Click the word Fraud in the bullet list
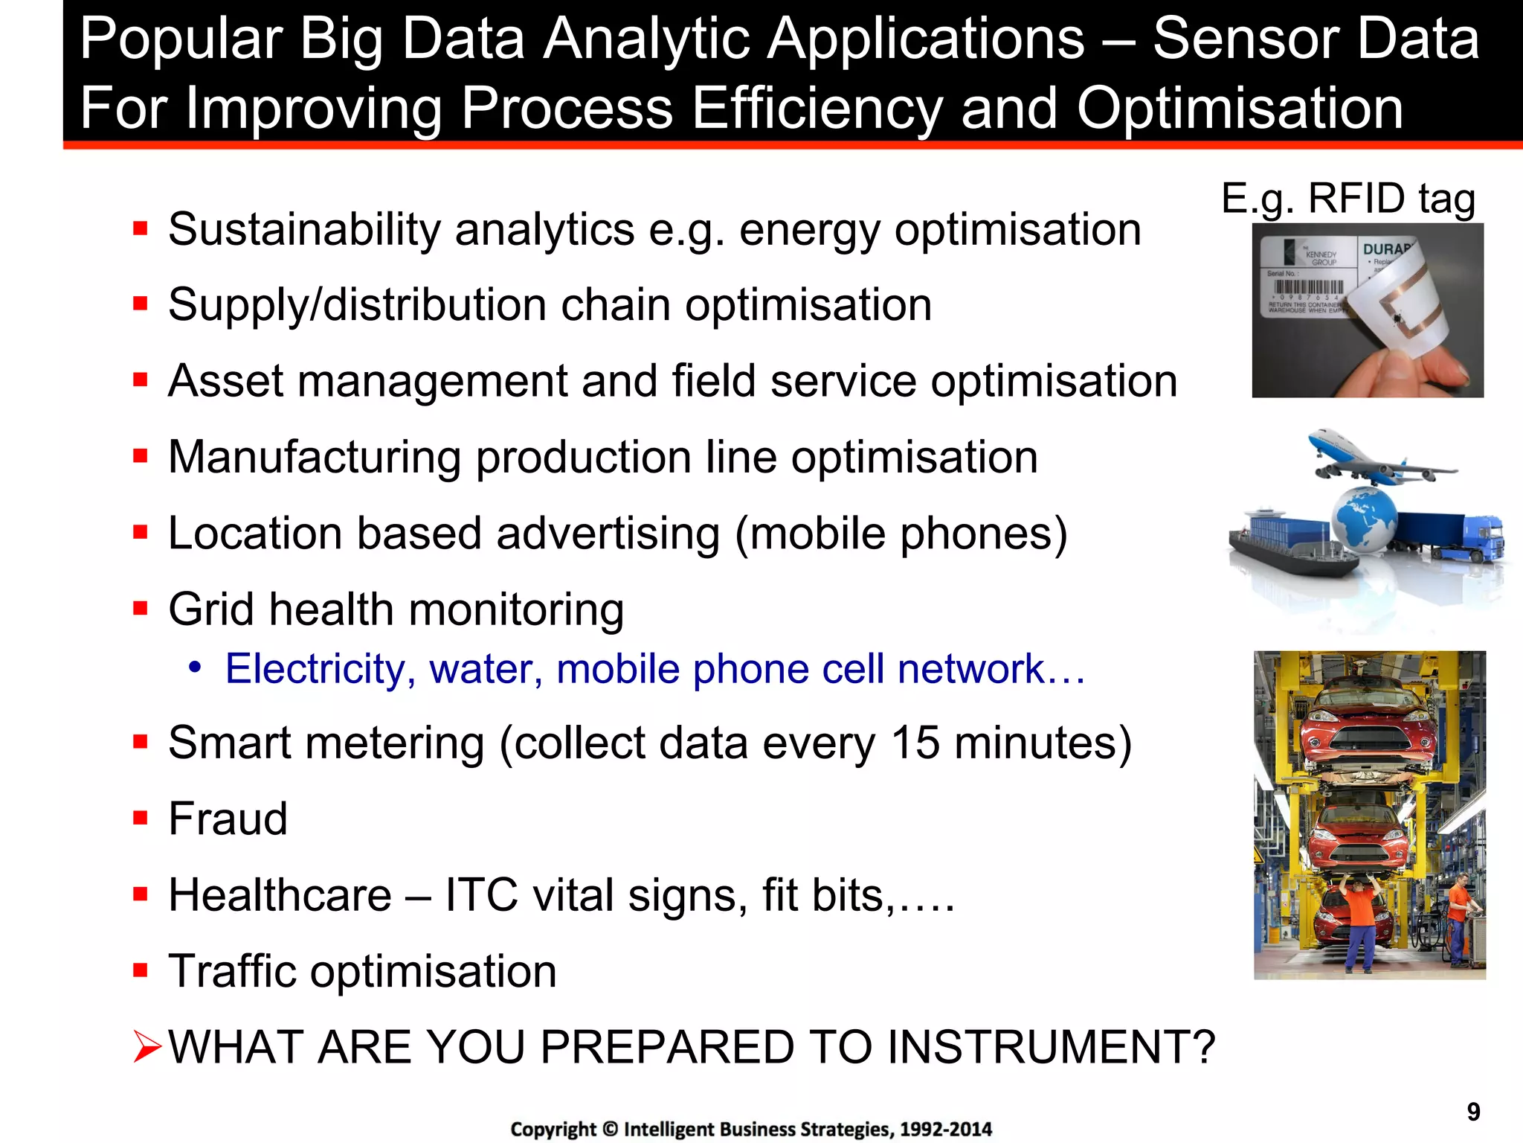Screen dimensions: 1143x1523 click(x=228, y=819)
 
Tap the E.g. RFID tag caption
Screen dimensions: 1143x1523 click(x=1347, y=199)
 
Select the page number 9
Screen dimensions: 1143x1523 click(x=1473, y=1112)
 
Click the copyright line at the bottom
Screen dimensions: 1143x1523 click(x=751, y=1129)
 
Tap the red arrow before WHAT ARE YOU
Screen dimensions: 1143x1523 click(x=146, y=1047)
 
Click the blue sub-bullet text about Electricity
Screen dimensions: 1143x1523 click(x=654, y=668)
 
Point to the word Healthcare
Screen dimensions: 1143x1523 click(x=280, y=894)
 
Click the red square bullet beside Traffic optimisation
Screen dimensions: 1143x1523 click(x=140, y=970)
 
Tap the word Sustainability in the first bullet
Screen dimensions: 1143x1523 click(x=305, y=229)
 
